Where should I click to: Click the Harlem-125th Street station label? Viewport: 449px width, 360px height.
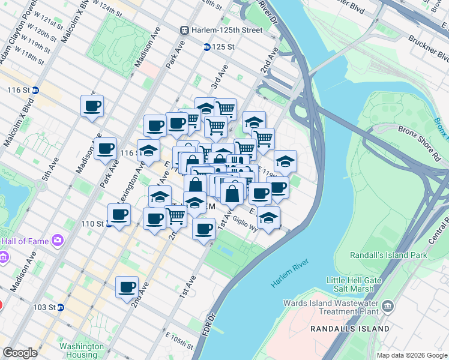point(227,30)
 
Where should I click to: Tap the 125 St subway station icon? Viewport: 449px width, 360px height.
point(206,46)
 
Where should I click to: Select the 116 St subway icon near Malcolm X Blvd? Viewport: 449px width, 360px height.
point(35,90)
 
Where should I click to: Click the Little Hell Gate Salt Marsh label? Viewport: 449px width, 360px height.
point(354,284)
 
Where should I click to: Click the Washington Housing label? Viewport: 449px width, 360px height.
point(82,351)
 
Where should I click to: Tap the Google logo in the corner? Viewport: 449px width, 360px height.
point(20,353)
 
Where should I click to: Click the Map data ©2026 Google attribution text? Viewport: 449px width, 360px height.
point(411,355)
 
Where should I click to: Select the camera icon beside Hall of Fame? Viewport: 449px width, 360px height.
point(58,241)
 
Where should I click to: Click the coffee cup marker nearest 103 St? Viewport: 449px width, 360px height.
point(127,287)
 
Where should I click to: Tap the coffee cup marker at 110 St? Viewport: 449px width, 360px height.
point(118,214)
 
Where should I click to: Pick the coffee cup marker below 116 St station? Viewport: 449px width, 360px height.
point(92,106)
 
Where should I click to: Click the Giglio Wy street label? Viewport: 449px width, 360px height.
point(245,220)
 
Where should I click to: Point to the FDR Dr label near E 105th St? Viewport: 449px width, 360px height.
point(211,324)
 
